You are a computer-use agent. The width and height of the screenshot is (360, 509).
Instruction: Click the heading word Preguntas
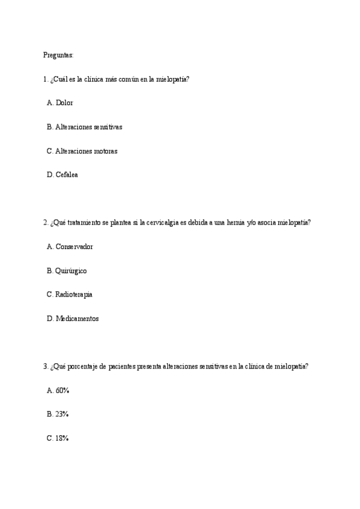[58, 55]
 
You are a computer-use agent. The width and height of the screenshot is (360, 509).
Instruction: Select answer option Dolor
[64, 103]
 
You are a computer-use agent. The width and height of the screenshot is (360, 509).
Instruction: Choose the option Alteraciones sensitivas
[89, 127]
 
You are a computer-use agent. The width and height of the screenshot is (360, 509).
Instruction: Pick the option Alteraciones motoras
[86, 151]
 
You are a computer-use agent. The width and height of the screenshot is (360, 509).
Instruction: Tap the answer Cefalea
[67, 175]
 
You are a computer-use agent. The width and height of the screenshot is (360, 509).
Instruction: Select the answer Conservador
[74, 247]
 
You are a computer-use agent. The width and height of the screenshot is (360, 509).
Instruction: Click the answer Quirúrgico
[71, 271]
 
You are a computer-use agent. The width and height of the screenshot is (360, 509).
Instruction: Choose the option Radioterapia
[74, 295]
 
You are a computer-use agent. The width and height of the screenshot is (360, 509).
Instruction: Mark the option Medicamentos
[77, 319]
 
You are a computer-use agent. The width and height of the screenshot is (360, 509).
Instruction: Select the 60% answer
[62, 391]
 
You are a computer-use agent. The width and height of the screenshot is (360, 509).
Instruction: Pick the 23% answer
[62, 414]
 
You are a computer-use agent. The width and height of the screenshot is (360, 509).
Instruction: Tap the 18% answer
[62, 438]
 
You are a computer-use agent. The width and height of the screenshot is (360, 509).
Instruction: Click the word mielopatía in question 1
[173, 79]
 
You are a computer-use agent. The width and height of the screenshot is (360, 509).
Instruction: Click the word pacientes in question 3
[125, 366]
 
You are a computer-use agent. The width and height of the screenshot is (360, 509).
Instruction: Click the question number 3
[46, 366]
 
